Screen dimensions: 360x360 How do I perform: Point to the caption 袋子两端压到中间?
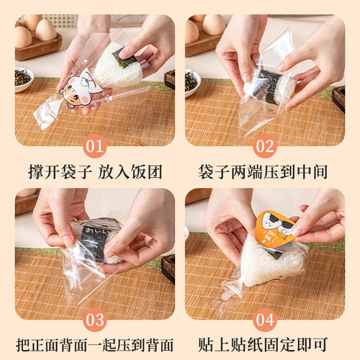264,172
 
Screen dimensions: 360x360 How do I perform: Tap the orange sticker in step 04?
274,229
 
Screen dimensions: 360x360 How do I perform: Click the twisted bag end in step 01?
47,118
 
